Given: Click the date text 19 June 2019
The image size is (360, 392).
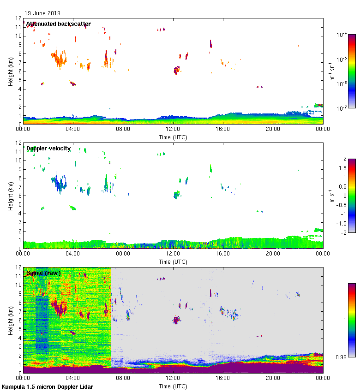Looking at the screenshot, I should [42, 13].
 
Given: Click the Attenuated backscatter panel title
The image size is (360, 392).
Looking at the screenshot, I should [58, 24].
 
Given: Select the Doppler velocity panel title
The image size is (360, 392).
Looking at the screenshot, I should [48, 148].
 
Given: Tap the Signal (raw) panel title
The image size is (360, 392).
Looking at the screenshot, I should [43, 273].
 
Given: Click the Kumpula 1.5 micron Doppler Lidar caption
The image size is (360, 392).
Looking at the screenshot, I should [47, 387].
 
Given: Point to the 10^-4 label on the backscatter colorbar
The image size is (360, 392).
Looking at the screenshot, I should [341, 35].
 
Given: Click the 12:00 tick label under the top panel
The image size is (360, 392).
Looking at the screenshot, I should [173, 130].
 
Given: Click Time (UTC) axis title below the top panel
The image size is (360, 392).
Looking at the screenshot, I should [173, 137].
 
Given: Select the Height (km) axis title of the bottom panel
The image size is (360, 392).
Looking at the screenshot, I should [10, 320].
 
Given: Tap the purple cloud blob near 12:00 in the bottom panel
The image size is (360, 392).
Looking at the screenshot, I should [175, 320].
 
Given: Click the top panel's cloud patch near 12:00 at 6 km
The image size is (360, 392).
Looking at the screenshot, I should [176, 70].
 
